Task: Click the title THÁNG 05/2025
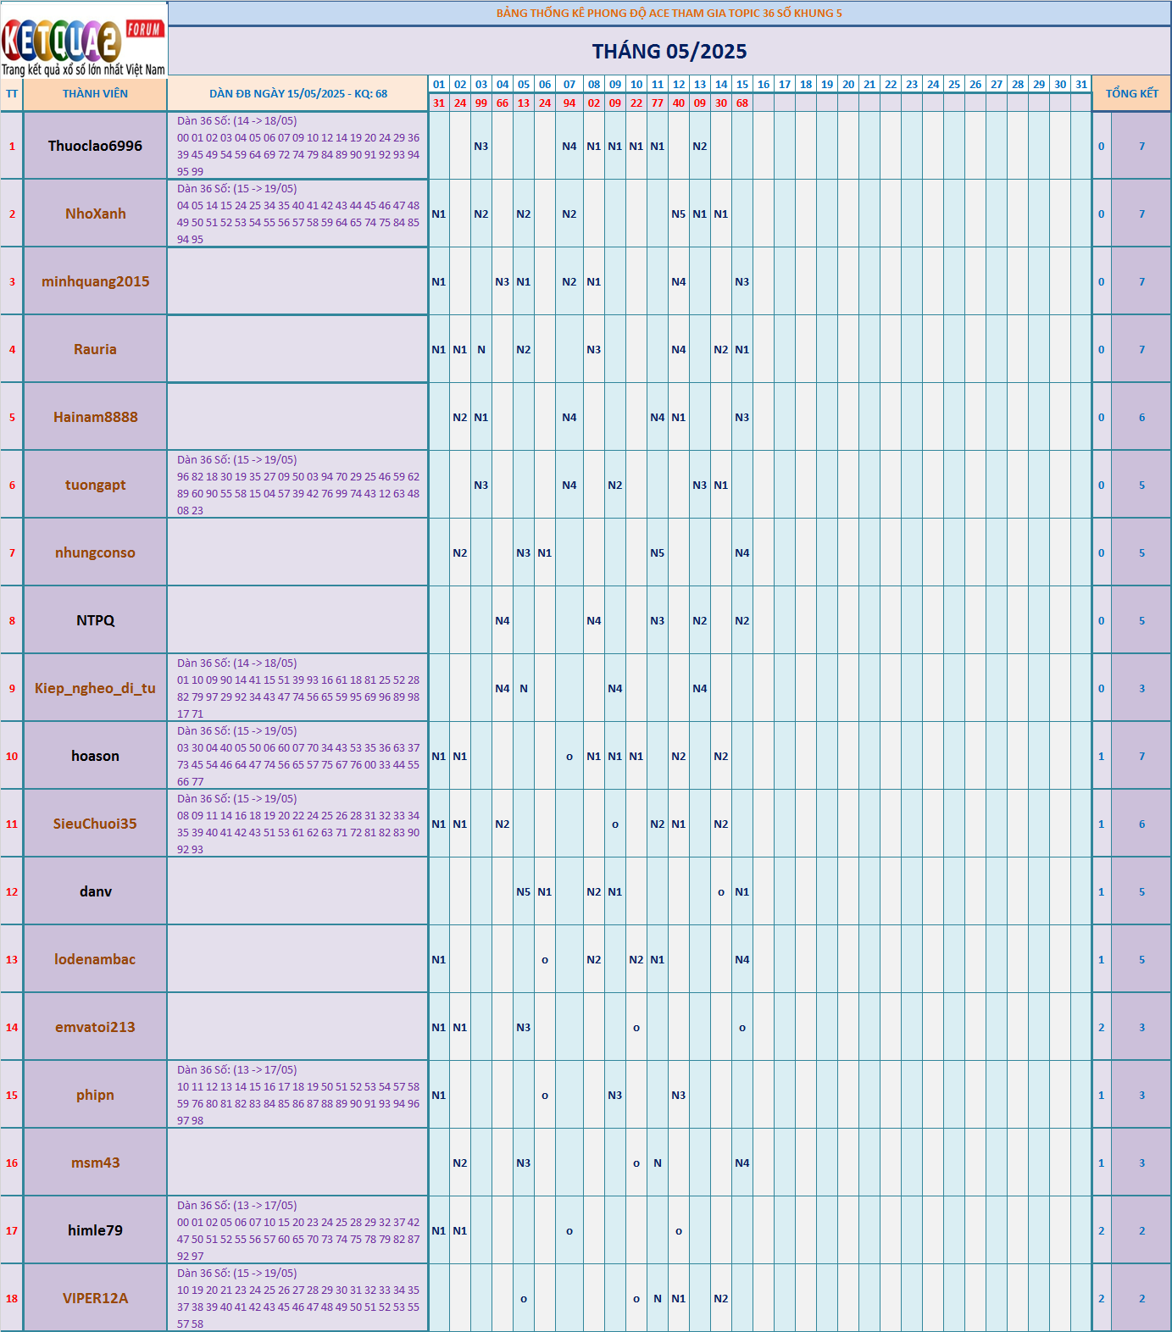[669, 52]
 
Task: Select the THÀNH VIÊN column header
[95, 94]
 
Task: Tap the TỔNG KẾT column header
[1131, 94]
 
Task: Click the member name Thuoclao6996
[95, 146]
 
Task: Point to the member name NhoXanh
[95, 214]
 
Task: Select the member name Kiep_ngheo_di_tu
[95, 688]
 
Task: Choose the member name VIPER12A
[95, 1298]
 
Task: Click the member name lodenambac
[95, 959]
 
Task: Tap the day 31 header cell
[1081, 85]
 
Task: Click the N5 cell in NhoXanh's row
[679, 214]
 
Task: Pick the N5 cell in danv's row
[524, 892]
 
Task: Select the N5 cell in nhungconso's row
[658, 553]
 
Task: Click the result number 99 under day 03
[481, 103]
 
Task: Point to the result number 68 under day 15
[742, 103]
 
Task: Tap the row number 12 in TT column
[12, 891]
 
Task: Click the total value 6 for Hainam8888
[1141, 418]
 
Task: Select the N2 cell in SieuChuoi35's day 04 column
[503, 824]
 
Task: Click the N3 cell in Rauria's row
[594, 350]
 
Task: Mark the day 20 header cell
[848, 85]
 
